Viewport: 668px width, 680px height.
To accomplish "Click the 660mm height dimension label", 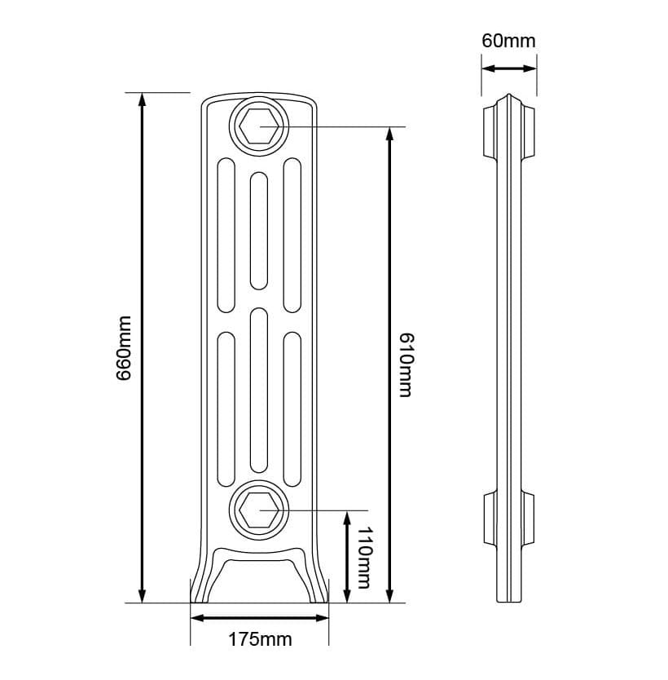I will click(x=124, y=348).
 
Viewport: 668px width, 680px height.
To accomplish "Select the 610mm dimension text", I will click(x=405, y=364).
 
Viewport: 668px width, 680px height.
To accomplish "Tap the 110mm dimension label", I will click(x=363, y=556).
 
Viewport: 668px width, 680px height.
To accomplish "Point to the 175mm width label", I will click(x=260, y=640).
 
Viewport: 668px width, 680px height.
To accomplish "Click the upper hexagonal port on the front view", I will click(x=260, y=127).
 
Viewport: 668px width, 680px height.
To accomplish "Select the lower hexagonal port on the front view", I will click(x=260, y=510).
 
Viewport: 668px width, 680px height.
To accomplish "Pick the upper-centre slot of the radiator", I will click(x=259, y=230).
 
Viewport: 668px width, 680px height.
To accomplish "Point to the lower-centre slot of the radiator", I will click(x=259, y=390).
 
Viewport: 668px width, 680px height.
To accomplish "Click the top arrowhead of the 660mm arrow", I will click(x=143, y=100).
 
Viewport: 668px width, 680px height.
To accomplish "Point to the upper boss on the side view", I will click(x=509, y=130).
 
